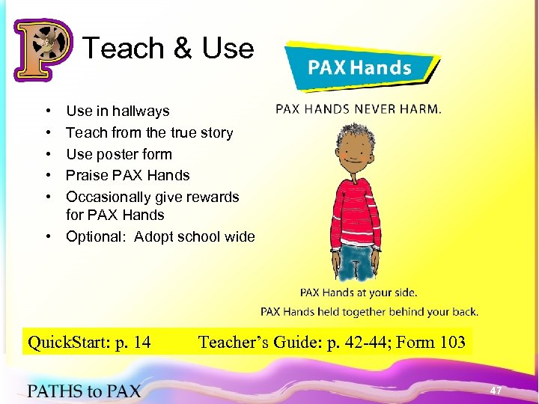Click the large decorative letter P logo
[43, 49]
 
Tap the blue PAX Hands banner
[359, 67]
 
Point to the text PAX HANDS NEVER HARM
[359, 108]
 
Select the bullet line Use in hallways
[118, 111]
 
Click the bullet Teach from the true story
[149, 133]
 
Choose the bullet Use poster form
[119, 155]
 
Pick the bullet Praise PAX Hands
[127, 176]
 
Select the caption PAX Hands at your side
[359, 293]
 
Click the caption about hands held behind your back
[369, 312]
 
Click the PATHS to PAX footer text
[84, 390]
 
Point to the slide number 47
[496, 391]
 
